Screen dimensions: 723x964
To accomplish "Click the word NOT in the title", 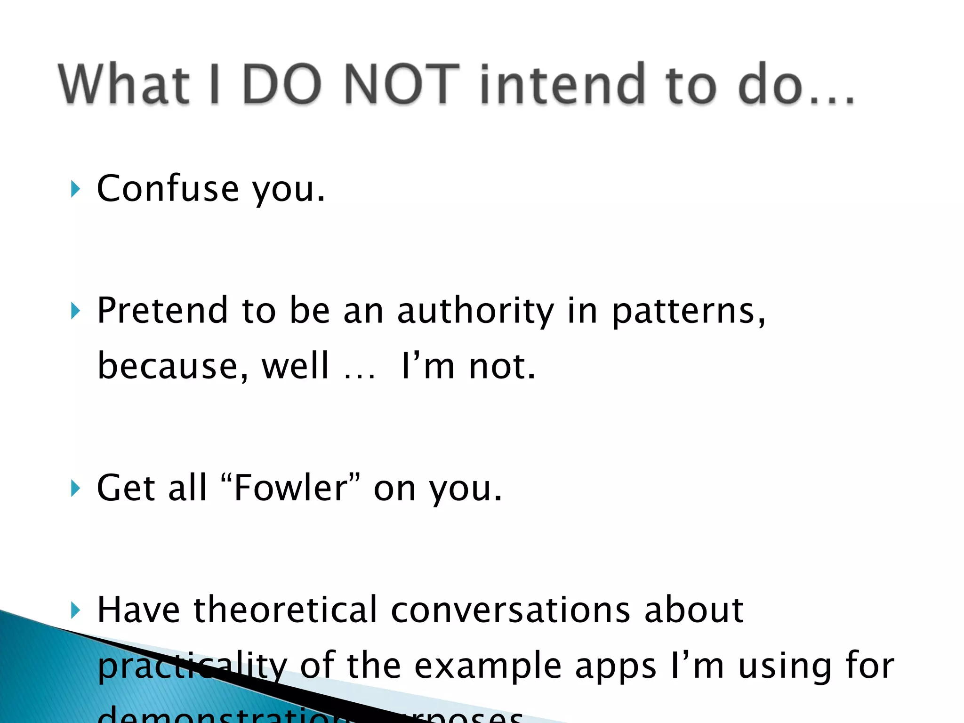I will coord(402,85).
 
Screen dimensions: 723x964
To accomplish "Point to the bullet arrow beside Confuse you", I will coord(75,189).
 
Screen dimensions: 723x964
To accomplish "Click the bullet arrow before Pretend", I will coord(75,311).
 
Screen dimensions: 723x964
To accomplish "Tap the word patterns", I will coord(688,312).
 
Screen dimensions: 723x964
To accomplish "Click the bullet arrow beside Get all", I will coord(75,489).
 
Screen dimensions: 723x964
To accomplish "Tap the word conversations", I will coord(510,611).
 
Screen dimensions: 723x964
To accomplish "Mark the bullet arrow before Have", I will coord(75,611).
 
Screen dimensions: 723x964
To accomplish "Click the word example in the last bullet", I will coord(488,667).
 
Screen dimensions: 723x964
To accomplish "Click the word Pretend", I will coord(162,311).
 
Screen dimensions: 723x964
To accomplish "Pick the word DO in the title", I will coord(282,85).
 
